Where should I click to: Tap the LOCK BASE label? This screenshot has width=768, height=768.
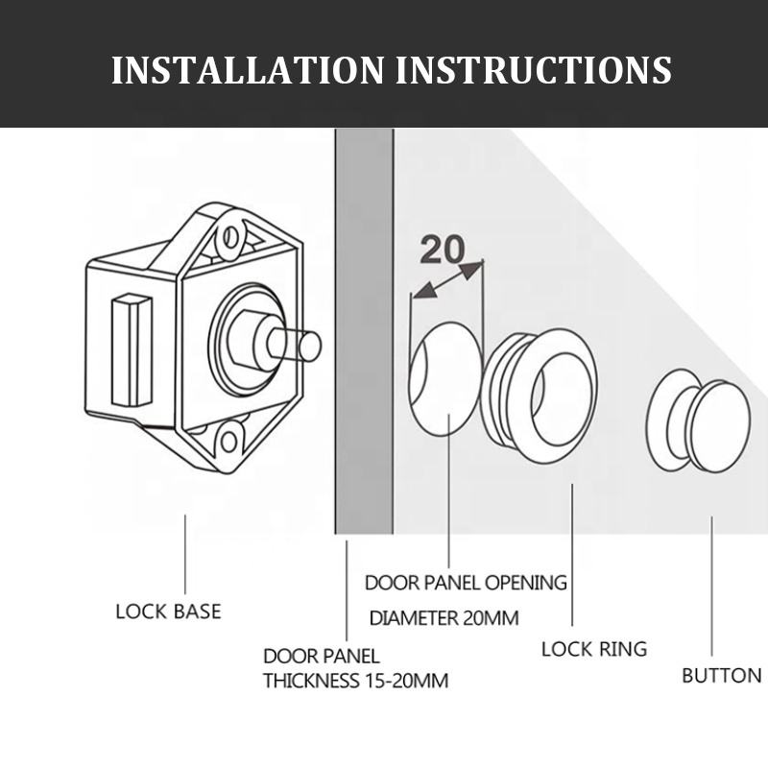(x=168, y=611)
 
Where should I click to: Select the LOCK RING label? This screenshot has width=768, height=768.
(x=594, y=649)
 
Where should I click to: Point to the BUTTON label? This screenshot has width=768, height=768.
(x=721, y=675)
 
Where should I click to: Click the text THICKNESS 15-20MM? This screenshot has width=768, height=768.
(x=356, y=682)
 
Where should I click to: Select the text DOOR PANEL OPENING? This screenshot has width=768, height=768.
(x=466, y=583)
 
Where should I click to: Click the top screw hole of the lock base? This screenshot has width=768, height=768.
(x=229, y=239)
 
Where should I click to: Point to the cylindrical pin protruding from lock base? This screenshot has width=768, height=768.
(x=301, y=343)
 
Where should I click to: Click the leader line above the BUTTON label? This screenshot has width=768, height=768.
(x=712, y=586)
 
